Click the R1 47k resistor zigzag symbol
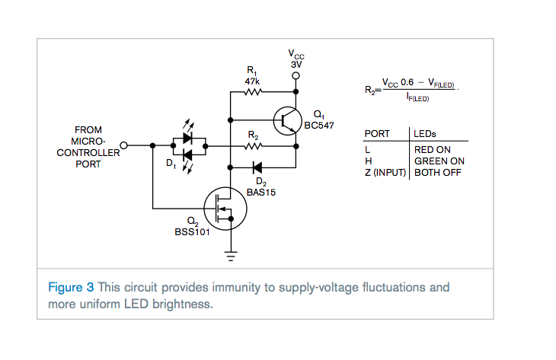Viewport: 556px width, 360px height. [253, 92]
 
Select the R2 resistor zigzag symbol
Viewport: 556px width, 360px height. [253, 146]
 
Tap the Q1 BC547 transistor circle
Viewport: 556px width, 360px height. [288, 121]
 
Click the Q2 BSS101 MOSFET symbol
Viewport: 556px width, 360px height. [225, 209]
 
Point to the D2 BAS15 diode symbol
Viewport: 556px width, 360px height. [257, 167]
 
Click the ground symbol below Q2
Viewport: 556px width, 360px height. [231, 256]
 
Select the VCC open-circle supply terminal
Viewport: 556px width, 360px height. [296, 76]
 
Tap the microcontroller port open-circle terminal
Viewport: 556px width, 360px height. [123, 145]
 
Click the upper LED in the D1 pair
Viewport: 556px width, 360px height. [187, 139]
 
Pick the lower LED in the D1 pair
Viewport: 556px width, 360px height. [187, 155]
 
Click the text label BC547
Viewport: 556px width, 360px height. [319, 126]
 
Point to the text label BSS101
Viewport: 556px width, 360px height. [192, 232]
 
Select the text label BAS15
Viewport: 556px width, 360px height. [261, 193]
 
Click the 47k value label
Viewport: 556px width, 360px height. [252, 81]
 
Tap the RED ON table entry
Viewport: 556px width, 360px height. [433, 150]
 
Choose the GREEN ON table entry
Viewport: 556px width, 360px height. [439, 161]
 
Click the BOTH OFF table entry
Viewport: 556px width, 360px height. [438, 173]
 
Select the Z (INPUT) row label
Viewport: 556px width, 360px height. [385, 173]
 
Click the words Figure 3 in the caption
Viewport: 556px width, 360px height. [71, 287]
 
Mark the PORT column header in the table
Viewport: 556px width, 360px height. [377, 134]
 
